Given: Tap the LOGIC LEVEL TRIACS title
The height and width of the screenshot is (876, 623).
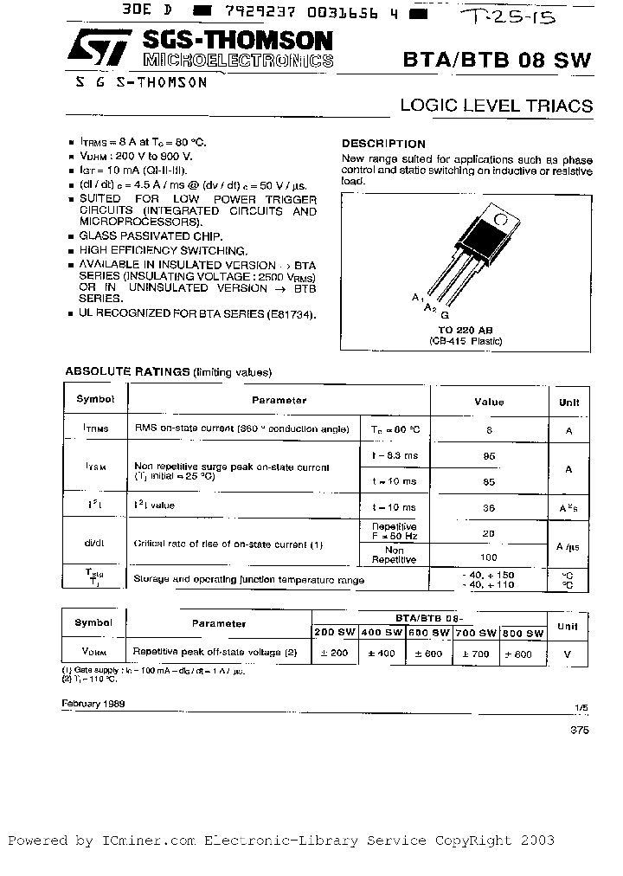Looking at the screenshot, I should pos(496,106).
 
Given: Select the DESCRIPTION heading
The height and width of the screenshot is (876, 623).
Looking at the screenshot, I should pos(383,144).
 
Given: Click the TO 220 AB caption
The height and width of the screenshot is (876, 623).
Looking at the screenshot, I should pos(465,332).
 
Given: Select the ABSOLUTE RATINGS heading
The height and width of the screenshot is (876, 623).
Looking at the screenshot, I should pos(127,371).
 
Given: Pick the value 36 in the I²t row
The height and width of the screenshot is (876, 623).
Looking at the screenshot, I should pos(489,507).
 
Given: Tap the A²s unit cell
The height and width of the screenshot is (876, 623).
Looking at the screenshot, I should pos(568,507).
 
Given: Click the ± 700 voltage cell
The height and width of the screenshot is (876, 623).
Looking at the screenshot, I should pos(475,654).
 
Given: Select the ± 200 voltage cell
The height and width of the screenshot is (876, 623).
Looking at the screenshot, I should pos(333,654).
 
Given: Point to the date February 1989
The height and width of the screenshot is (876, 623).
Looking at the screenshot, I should pos(93,704).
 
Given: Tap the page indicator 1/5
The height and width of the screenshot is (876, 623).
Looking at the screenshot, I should pos(580,708).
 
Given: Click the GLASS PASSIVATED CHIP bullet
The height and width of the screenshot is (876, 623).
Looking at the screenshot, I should pos(150,235).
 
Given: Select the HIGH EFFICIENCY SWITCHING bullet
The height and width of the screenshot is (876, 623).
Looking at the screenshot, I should pos(156,249).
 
